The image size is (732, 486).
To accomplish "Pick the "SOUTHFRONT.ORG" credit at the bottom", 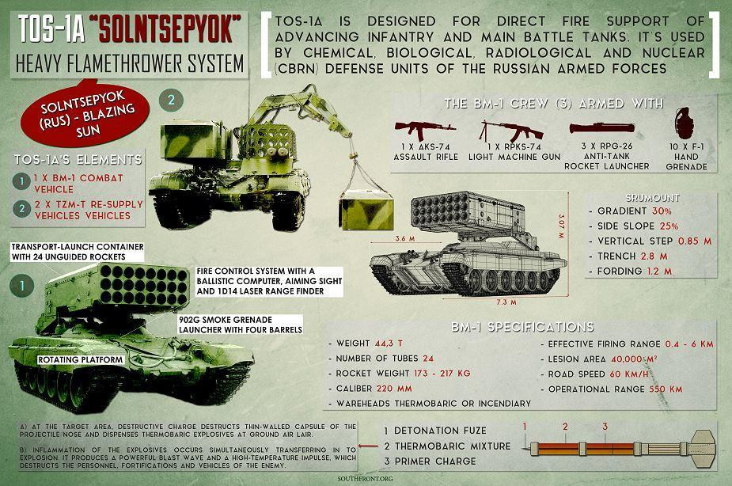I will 366,477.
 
